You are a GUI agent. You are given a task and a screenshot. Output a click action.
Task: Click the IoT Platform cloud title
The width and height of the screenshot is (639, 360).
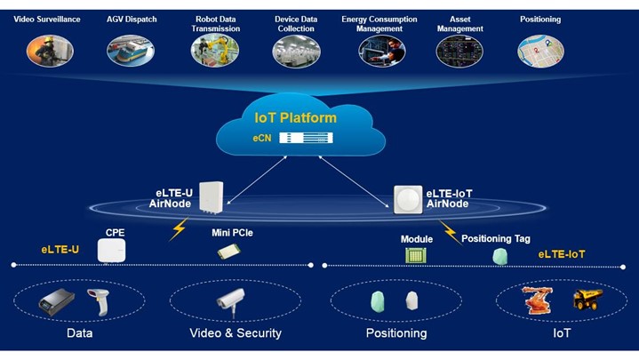click(x=296, y=117)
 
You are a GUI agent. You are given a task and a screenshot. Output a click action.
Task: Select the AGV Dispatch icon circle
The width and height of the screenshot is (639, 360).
click(x=127, y=51)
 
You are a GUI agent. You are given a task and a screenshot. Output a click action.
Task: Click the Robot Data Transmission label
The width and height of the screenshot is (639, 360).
click(x=215, y=23)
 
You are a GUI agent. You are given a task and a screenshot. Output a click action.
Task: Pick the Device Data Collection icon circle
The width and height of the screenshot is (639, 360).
click(x=295, y=51)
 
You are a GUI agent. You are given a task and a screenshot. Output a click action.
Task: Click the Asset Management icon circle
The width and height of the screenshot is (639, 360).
click(x=459, y=51)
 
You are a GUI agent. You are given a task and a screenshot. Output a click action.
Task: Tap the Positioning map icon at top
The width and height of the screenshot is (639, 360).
click(x=540, y=51)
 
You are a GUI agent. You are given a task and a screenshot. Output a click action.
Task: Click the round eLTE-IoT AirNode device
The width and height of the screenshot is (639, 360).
click(x=408, y=200)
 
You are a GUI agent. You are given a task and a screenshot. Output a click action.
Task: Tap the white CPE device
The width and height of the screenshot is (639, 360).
click(x=113, y=252)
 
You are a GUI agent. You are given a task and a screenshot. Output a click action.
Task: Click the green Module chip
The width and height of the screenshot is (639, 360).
click(x=416, y=255)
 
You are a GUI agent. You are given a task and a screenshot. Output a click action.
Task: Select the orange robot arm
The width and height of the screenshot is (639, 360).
click(x=535, y=300)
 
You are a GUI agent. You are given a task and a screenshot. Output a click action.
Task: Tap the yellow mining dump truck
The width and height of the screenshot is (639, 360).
click(x=587, y=300)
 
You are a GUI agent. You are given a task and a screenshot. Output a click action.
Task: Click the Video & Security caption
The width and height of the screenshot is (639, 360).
click(x=236, y=333)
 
